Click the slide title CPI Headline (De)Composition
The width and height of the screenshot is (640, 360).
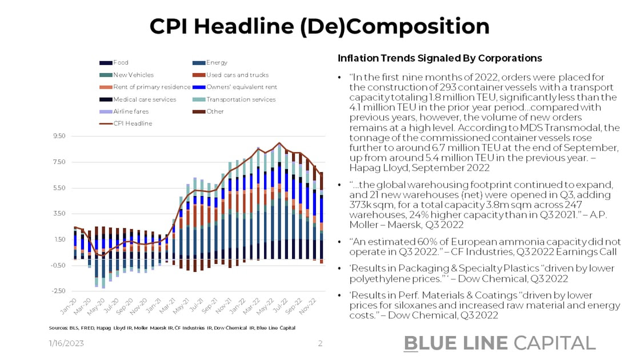(x=319, y=26)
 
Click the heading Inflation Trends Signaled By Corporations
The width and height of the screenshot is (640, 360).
(x=439, y=58)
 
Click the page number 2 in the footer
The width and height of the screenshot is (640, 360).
(x=320, y=343)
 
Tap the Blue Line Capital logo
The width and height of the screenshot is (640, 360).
(x=499, y=342)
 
